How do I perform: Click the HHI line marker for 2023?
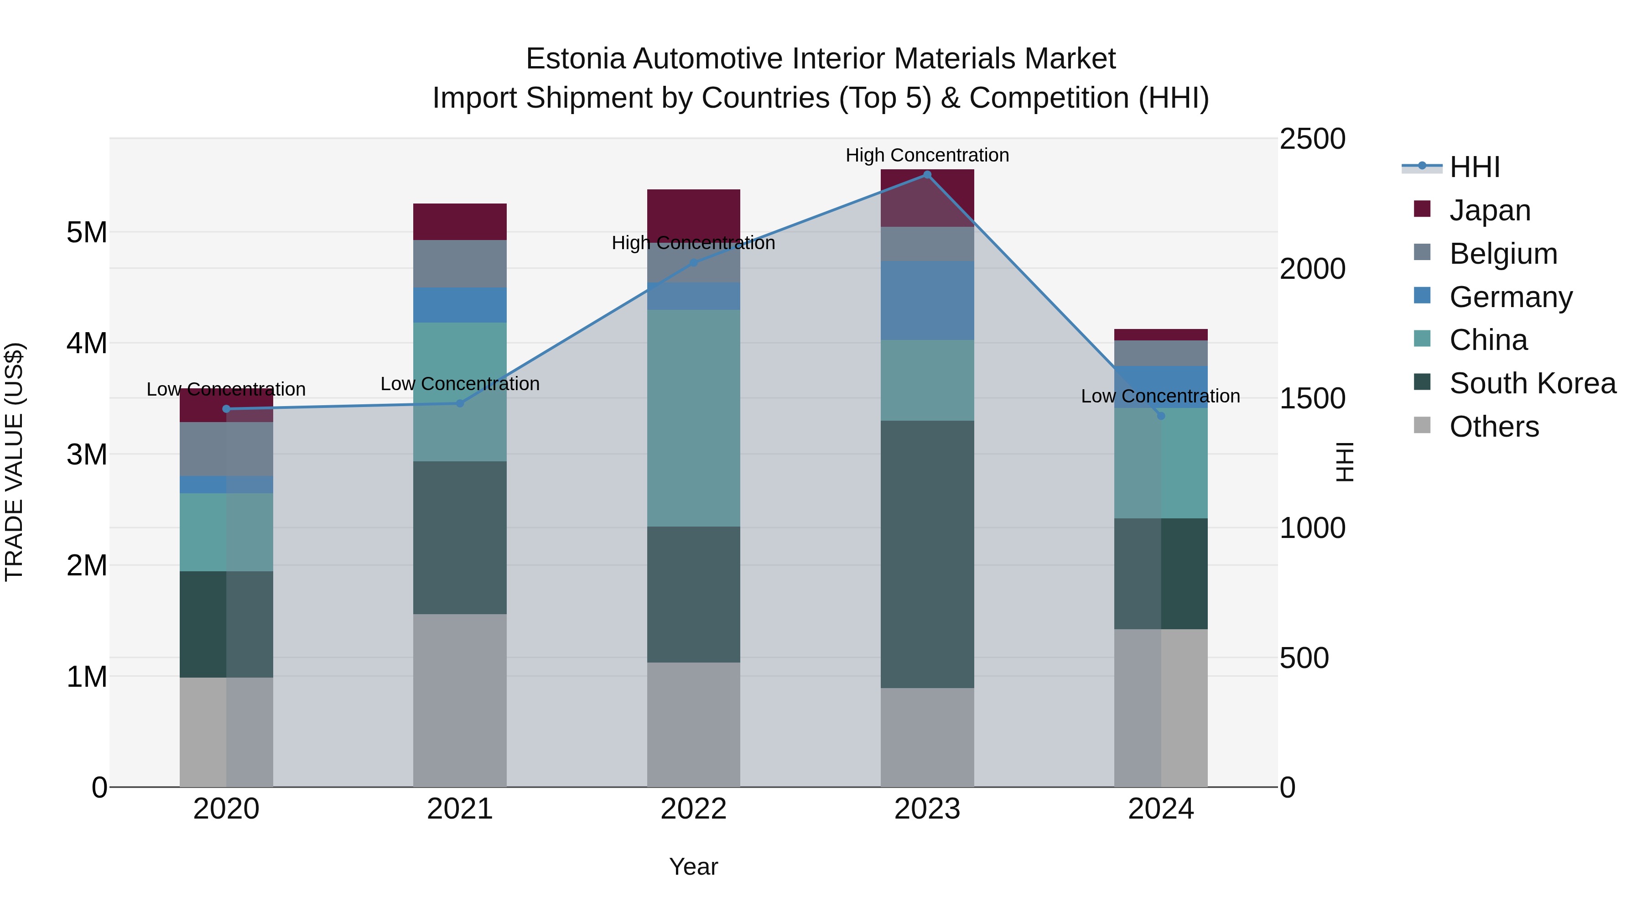(927, 175)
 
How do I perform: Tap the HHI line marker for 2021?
(460, 403)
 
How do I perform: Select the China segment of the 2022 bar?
(693, 418)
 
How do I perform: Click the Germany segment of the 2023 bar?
(927, 300)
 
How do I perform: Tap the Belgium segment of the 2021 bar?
(460, 263)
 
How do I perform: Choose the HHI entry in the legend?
(1474, 167)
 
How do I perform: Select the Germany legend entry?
(1511, 297)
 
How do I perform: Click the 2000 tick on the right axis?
(1312, 268)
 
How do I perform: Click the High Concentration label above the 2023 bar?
(927, 155)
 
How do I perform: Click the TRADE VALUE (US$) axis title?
(14, 462)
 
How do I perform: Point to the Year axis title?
(693, 867)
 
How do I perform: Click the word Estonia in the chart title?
(575, 59)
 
